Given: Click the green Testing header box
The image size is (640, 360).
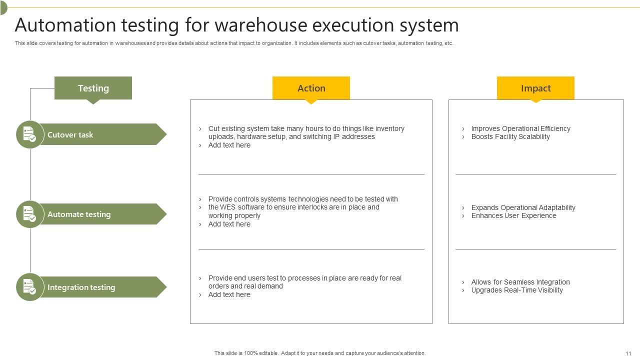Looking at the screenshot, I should (x=93, y=88).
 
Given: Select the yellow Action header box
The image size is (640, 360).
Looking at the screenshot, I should (x=311, y=88).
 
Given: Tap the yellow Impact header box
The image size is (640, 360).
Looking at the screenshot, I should (x=535, y=88).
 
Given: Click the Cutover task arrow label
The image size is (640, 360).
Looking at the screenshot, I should (x=100, y=134).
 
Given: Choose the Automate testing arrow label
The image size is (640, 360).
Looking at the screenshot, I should (x=100, y=214).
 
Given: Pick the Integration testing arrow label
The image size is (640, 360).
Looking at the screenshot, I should (x=100, y=287).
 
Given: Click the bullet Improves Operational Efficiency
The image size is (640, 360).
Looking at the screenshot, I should (x=520, y=128).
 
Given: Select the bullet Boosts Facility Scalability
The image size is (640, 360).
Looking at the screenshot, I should (x=510, y=136).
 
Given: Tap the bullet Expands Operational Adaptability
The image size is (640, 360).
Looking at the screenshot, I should (x=523, y=207).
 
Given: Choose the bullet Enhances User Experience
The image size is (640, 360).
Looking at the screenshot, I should (x=513, y=215).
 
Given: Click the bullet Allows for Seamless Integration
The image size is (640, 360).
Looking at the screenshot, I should (x=520, y=282).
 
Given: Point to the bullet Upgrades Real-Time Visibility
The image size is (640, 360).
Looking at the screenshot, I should (x=517, y=290).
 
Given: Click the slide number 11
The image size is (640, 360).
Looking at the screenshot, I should (x=628, y=353).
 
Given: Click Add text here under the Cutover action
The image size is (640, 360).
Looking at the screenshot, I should (x=229, y=145).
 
